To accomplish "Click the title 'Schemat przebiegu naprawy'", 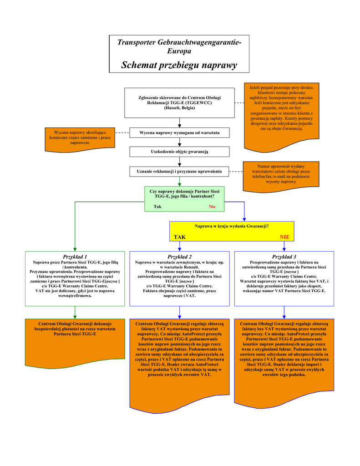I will pos(179,65).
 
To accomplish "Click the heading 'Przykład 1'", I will pos(75,257).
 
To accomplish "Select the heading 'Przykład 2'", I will pos(179,257).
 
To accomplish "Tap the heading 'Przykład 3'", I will pos(284,257).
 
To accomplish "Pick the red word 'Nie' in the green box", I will pos(212,207).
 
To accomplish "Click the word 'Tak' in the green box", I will pos(157,207).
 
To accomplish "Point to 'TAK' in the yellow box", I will pos(180,237).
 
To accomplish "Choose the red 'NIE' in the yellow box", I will pos(284,237).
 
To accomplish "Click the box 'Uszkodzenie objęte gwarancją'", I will pos(179,151).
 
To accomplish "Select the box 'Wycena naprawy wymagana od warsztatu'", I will pos(179,132).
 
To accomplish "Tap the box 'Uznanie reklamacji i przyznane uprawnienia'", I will pos(179,171).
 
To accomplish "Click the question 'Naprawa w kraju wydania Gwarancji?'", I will pos(232,226).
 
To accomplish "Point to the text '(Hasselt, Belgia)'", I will pos(179,108).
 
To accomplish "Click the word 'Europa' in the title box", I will pos(179,51).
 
